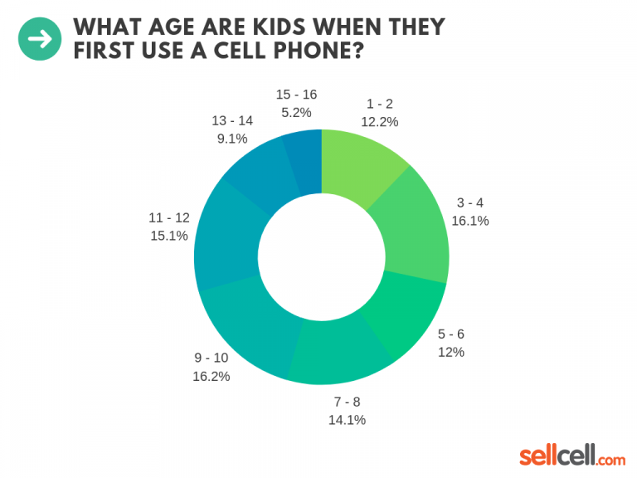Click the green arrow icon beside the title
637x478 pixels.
(x=40, y=39)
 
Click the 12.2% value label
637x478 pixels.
(x=380, y=121)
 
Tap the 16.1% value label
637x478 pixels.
(x=470, y=221)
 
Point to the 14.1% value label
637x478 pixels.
(x=346, y=419)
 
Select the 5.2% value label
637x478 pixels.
(x=296, y=110)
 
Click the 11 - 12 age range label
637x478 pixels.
(x=169, y=217)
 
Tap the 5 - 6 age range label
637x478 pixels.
(x=451, y=334)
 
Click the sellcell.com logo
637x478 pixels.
(x=572, y=456)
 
